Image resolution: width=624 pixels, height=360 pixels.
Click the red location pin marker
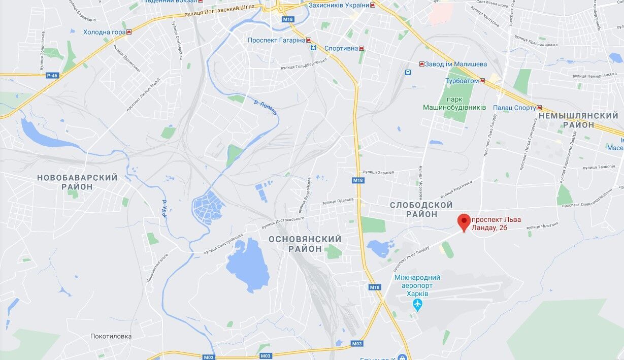pos(463,222)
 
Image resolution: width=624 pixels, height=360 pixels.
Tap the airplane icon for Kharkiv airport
pos(417,305)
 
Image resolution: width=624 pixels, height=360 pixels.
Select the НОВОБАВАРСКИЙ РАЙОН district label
pos(77,182)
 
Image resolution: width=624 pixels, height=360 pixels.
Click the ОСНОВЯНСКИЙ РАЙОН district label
pos(305,244)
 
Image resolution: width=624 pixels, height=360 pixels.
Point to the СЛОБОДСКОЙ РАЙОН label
pos(421,209)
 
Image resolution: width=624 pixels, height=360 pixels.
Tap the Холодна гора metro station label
pos(104,32)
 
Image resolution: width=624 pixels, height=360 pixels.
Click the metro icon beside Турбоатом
pos(482,81)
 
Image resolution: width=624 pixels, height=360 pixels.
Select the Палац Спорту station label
pos(514,108)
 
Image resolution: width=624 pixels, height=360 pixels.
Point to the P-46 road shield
pos(52,76)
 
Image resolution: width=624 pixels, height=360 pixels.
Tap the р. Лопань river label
pos(266,107)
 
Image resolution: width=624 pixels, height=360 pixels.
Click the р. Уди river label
pos(165,209)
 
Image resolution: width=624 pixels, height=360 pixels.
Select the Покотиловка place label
pos(111,336)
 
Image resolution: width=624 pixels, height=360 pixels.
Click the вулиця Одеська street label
pos(338,201)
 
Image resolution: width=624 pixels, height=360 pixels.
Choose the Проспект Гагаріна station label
pos(277,40)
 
